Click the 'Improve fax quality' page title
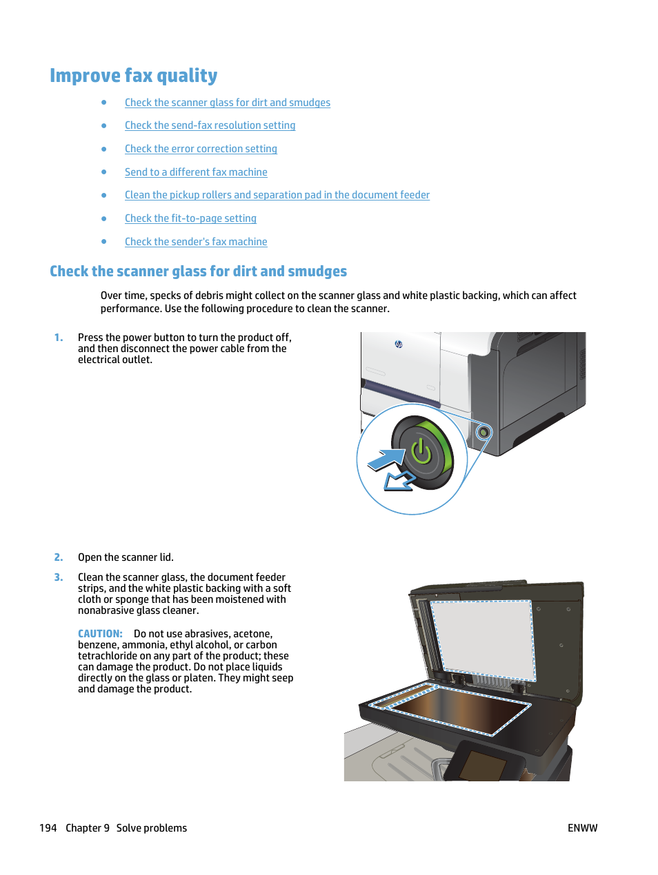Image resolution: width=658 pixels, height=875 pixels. (x=133, y=76)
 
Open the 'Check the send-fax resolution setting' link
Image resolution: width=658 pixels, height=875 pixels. (x=210, y=125)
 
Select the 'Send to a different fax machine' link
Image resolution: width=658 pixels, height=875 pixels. (x=196, y=172)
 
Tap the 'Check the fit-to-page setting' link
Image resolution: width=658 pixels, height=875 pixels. (x=190, y=218)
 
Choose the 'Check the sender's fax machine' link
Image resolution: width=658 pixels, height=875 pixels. (x=196, y=242)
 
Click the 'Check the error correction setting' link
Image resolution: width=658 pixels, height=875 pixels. (x=201, y=149)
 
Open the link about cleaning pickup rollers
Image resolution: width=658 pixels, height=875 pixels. (x=277, y=195)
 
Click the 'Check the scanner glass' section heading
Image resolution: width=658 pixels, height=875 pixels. (x=198, y=271)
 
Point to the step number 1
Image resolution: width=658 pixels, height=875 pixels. (x=59, y=338)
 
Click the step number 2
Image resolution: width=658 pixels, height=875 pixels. (x=59, y=557)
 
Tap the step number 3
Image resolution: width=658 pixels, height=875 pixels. (x=59, y=577)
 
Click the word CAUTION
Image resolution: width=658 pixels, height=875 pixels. (x=100, y=634)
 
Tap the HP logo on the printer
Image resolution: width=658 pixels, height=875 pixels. (x=399, y=344)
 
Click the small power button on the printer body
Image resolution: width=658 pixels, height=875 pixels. (x=483, y=433)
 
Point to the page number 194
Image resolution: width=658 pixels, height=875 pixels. (x=48, y=828)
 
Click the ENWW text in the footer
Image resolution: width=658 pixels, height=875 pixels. (x=582, y=828)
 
